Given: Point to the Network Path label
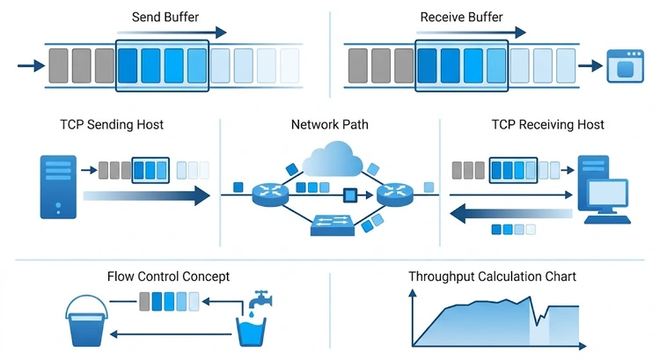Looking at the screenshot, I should pos(329,124).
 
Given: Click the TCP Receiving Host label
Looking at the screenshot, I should pos(547,124).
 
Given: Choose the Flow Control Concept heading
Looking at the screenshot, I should pos(168,276).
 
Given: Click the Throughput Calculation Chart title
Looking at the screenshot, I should pos(492,276).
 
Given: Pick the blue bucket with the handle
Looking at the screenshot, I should pos(87,318).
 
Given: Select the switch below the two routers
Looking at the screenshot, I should pos(333,227).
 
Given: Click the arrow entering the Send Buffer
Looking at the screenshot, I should pos(30,65).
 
